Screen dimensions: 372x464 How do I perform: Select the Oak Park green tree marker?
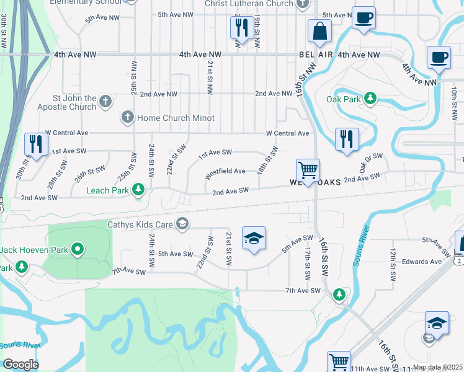click(x=370, y=98)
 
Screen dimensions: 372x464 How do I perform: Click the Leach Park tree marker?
click(x=140, y=188)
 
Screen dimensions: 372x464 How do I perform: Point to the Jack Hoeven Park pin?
click(x=78, y=250)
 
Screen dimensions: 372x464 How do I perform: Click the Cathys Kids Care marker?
click(x=182, y=224)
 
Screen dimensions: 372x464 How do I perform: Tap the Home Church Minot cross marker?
click(x=128, y=117)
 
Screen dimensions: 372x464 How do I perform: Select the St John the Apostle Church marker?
click(x=105, y=101)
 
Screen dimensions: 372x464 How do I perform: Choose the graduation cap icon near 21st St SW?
click(x=253, y=239)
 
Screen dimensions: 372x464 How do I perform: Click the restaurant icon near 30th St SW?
click(x=36, y=144)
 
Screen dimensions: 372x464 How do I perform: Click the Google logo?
click(x=21, y=365)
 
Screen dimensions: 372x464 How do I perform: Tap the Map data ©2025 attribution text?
click(x=437, y=367)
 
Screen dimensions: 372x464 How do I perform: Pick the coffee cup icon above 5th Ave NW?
click(x=363, y=17)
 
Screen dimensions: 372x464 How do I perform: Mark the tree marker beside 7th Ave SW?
click(x=339, y=293)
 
